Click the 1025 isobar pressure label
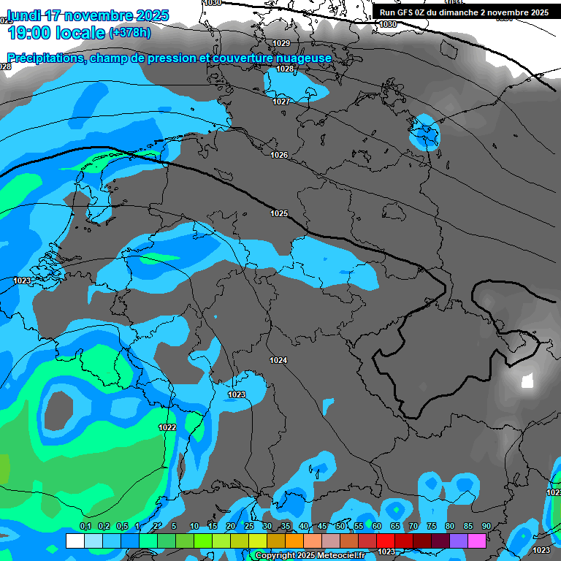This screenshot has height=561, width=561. click(x=279, y=213)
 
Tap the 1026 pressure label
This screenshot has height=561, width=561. click(x=279, y=155)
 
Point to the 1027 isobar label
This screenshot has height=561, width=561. click(x=281, y=102)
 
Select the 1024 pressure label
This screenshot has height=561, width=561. click(x=278, y=361)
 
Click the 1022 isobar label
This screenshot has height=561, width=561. click(x=167, y=427)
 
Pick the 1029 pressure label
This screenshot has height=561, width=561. click(x=281, y=44)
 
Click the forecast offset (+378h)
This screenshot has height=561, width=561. click(x=130, y=33)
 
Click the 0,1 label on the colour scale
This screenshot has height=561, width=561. click(x=85, y=527)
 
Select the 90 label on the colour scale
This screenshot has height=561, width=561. click(x=486, y=527)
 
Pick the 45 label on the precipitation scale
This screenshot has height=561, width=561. click(x=322, y=527)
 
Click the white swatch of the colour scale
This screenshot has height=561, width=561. click(x=75, y=541)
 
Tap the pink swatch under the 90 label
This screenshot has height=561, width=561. click(x=477, y=541)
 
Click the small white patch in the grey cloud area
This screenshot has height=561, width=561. click(x=527, y=381)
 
